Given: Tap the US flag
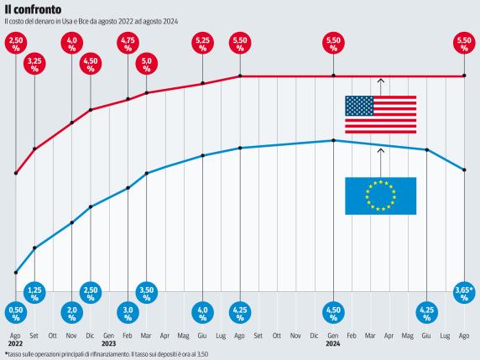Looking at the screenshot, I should click(x=380, y=115).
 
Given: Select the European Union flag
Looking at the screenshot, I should click(x=380, y=196).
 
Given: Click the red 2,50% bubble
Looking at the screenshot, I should click(x=16, y=43).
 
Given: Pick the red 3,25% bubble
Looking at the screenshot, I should click(x=34, y=65).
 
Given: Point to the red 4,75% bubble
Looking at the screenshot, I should click(x=128, y=43).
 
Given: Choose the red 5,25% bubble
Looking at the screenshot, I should click(x=203, y=43).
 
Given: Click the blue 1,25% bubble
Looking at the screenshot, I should click(x=34, y=293).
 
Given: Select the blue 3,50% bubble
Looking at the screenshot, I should click(x=147, y=293).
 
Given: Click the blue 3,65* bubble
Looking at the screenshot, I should click(x=465, y=293).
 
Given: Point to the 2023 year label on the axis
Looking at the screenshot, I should click(x=109, y=343).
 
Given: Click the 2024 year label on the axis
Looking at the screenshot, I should click(x=334, y=343).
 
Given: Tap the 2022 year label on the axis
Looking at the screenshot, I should click(x=16, y=343).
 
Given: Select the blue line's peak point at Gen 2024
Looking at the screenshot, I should click(x=334, y=140).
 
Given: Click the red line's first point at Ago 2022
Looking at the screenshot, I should click(x=16, y=174).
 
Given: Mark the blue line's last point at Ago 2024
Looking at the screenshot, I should click(x=465, y=170).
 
